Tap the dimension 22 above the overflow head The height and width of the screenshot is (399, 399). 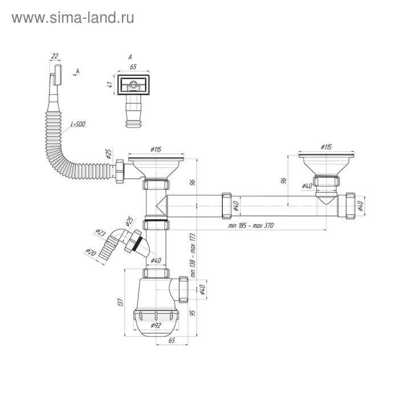click(55, 55)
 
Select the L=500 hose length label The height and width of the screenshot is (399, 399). click(78, 124)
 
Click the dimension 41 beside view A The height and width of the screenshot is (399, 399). click(108, 85)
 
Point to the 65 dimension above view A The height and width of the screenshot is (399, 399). click(133, 67)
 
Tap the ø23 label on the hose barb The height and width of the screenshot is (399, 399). click(100, 233)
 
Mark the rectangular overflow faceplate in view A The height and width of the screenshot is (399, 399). click(133, 85)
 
